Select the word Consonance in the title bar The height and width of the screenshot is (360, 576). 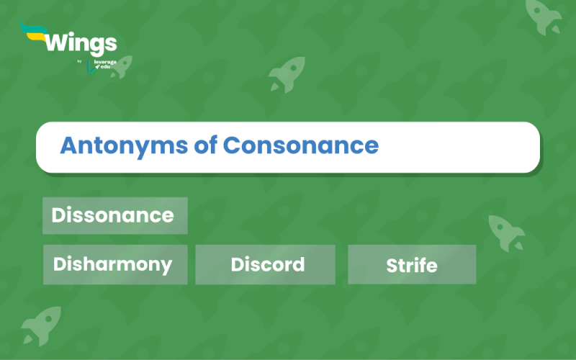tap(301, 146)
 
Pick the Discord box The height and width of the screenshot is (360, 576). tap(266, 264)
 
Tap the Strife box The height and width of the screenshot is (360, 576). tap(412, 265)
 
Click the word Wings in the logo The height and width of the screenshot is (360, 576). tap(80, 42)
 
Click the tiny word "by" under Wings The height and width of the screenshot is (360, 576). tap(79, 61)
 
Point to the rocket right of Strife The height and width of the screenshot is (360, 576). tap(506, 233)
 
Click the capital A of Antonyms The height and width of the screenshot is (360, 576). tap(68, 146)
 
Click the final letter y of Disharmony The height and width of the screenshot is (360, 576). tap(166, 266)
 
